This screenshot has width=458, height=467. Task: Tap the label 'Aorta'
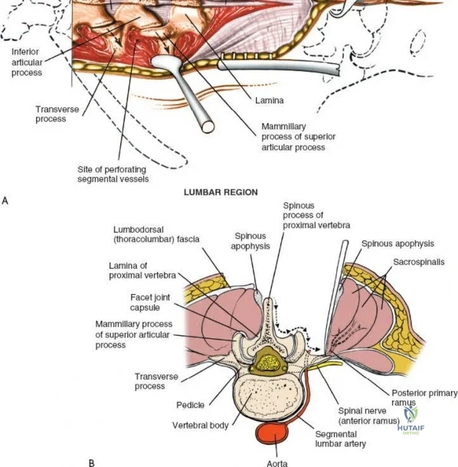click(277, 463)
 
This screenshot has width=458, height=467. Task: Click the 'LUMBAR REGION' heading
click(221, 192)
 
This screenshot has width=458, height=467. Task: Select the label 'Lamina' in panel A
click(270, 100)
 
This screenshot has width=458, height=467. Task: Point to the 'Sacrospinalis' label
click(419, 262)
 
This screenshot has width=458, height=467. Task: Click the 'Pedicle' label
click(191, 405)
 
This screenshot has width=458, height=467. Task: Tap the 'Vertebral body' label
click(200, 426)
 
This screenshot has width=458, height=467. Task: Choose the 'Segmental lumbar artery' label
click(341, 439)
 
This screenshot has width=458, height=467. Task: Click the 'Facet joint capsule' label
click(150, 302)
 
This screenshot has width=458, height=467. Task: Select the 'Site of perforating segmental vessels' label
click(113, 175)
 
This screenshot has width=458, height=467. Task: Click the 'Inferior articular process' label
click(27, 62)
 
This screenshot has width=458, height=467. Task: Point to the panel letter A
click(5, 201)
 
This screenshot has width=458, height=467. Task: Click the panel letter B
click(92, 463)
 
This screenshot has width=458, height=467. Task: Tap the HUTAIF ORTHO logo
click(411, 420)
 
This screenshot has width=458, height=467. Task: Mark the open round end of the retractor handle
click(208, 126)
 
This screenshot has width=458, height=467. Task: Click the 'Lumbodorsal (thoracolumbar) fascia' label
click(156, 234)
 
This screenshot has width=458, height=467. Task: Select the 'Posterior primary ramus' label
click(424, 397)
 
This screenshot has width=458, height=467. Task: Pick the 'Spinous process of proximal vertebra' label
click(316, 215)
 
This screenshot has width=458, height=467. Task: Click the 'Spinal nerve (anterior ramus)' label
click(368, 416)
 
